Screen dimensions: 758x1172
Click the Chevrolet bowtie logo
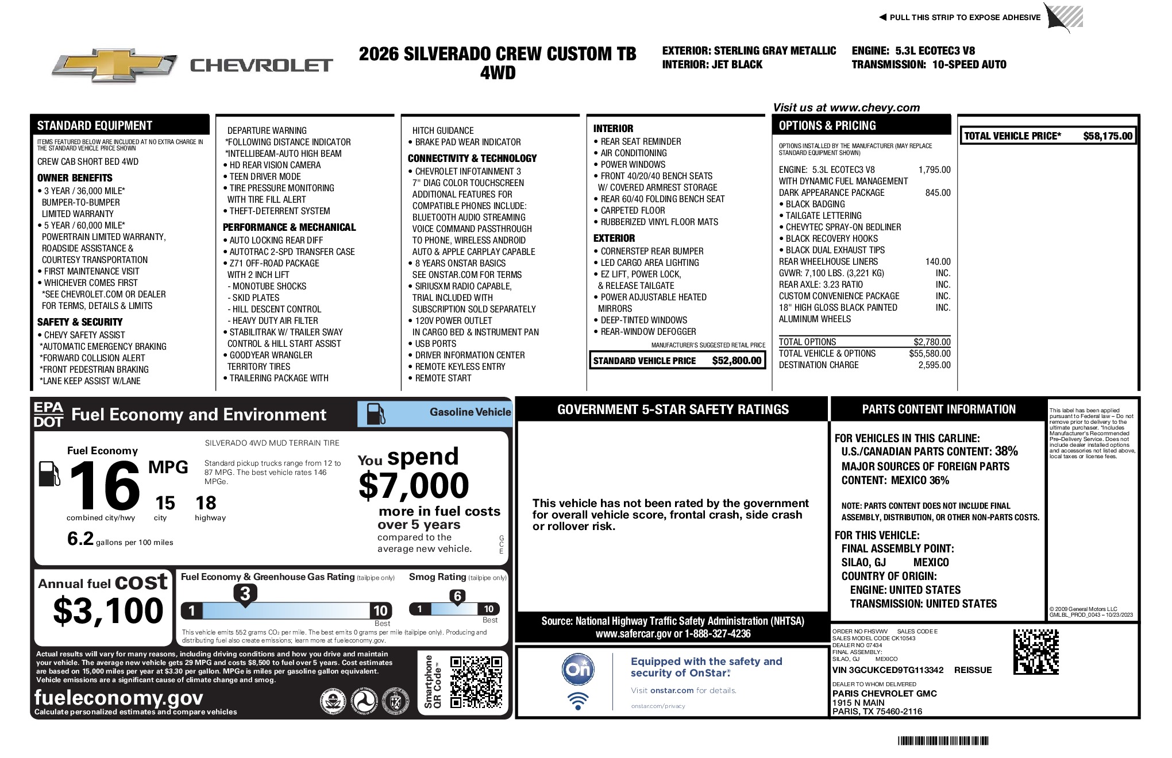[x=114, y=65]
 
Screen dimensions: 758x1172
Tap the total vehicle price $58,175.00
[x=1107, y=136]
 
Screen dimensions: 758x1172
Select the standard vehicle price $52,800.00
[x=736, y=361]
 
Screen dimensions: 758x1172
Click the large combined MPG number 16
[x=104, y=486]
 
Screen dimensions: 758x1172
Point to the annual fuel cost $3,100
[x=108, y=610]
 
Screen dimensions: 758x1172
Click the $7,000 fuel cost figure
[x=414, y=486]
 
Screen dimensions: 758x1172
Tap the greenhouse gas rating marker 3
[x=245, y=594]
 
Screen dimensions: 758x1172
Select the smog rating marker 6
[x=457, y=596]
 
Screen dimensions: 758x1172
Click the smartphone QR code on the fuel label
[x=476, y=682]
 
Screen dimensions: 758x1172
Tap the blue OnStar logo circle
[x=577, y=670]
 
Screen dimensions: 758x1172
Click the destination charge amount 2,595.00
[x=934, y=365]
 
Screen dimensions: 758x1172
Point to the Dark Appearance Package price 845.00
[x=938, y=193]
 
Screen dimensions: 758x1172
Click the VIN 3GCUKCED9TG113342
[x=888, y=670]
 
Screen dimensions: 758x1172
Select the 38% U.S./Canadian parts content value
[x=1006, y=451]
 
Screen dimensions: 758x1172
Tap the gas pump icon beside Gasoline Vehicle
[x=376, y=413]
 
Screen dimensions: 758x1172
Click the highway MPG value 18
[x=206, y=503]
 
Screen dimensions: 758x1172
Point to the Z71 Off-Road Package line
[x=274, y=264]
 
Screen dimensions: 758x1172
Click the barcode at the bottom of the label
[x=943, y=741]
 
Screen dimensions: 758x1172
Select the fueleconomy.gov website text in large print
[x=118, y=697]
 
